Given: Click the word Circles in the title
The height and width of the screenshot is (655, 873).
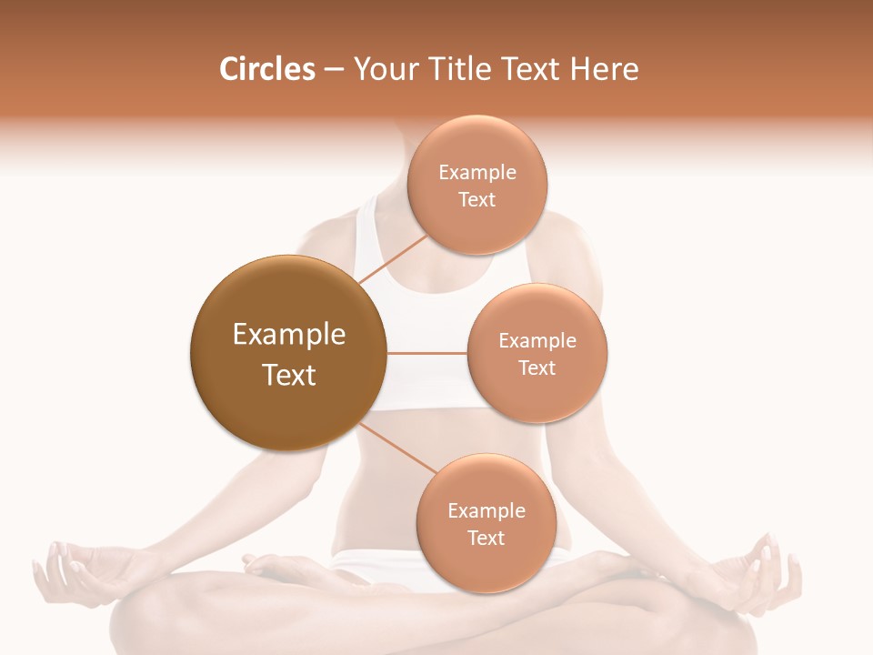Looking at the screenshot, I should coord(266,69).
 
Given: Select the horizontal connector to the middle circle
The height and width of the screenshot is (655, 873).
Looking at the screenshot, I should coord(426,353).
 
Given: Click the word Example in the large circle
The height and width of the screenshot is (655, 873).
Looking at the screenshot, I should coord(288,335).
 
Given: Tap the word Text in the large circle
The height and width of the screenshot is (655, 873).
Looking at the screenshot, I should coord(288,375).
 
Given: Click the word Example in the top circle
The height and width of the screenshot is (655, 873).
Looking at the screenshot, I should coord(477,172).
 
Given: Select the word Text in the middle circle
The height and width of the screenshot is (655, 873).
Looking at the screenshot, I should coord(537,368).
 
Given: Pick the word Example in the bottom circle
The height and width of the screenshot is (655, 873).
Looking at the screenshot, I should coord(486,510).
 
